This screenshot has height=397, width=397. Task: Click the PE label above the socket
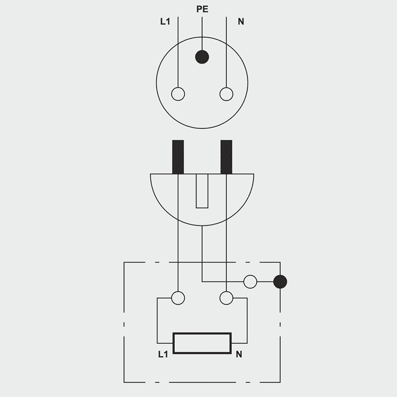(x=202, y=9)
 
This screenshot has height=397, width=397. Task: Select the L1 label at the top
(x=165, y=21)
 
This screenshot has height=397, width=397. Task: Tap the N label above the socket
(x=241, y=21)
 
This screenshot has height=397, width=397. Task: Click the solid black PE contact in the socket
(x=202, y=57)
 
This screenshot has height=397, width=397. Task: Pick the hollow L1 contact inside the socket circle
(x=178, y=94)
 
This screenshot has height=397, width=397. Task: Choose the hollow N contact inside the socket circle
(x=226, y=94)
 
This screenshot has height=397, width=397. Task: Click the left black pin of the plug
(x=178, y=157)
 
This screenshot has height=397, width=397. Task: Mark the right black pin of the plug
(x=226, y=157)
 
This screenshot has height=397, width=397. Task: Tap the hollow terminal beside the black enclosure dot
(x=250, y=281)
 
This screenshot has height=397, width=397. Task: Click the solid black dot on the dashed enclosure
(x=280, y=281)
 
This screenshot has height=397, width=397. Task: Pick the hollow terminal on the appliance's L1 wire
(x=178, y=298)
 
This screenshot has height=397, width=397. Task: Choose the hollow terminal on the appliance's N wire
(x=226, y=298)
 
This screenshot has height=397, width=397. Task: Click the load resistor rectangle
(x=202, y=343)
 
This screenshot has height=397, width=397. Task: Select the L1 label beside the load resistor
(x=163, y=354)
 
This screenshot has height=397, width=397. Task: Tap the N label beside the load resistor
(x=239, y=354)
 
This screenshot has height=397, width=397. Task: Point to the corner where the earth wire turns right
(x=202, y=281)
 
